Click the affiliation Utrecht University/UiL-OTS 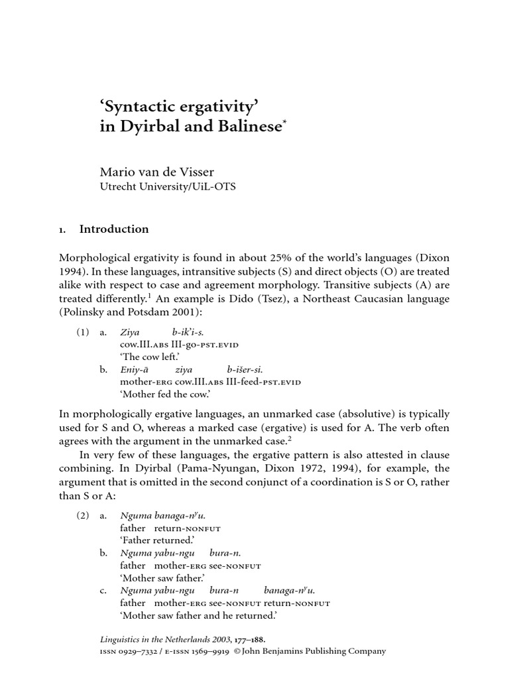pos(167,187)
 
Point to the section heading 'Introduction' pos(114,229)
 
